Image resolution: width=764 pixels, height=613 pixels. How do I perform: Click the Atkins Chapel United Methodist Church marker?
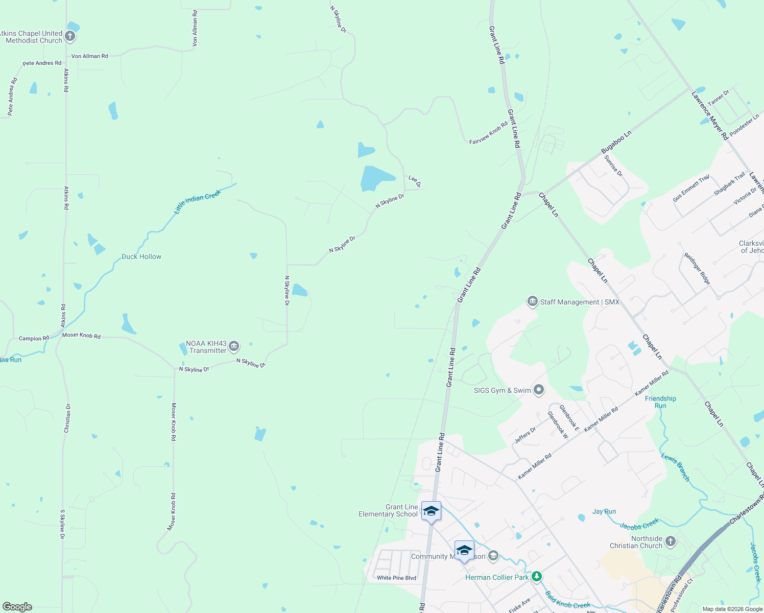pos(70,36)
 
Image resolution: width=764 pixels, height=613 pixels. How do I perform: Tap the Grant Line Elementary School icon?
pos(432,511)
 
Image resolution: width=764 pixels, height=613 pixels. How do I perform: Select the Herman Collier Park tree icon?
pos(536,577)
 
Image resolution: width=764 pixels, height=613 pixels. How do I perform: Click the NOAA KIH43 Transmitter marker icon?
pos(234,346)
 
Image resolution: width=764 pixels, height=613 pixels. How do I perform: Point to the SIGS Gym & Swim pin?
pos(538,390)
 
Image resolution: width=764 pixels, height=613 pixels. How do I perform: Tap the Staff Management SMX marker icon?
pos(533,301)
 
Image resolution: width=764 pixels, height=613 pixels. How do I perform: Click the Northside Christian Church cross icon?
pos(671,541)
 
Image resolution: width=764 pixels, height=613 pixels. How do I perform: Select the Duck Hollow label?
pos(141,256)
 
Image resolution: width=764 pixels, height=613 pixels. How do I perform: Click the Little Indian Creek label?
pos(197,201)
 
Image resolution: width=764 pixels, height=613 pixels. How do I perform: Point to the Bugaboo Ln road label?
pos(616,142)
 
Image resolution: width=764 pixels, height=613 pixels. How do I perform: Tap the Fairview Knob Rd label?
pos(488,133)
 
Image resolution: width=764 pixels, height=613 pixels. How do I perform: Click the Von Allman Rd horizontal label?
pos(90,56)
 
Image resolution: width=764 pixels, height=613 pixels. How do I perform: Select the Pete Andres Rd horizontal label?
pos(42,63)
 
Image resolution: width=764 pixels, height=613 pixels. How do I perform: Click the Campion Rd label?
pos(34,338)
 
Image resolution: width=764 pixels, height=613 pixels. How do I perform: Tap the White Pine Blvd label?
pos(396,578)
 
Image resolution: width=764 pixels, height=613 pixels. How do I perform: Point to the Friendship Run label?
pos(660,402)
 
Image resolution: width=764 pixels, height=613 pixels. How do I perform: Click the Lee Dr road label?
pos(414,181)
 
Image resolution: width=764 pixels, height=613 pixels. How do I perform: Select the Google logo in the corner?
pos(17,607)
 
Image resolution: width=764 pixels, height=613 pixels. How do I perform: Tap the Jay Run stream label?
pos(604,511)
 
